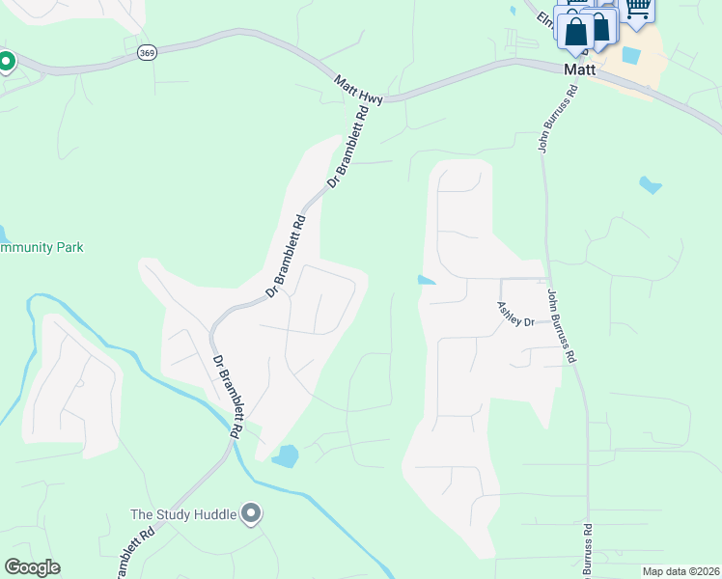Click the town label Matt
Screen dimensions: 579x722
[x=581, y=69]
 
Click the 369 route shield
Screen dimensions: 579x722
[x=147, y=53]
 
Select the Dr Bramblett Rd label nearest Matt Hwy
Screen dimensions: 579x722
[x=348, y=146]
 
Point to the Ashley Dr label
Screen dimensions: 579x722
[x=515, y=314]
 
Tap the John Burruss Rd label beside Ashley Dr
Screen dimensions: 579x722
[x=562, y=325]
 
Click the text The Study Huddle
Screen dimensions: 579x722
[x=183, y=514]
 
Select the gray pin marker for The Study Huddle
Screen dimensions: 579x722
[x=251, y=513]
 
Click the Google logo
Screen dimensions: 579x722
[x=32, y=567]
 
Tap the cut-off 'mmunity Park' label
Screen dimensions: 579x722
[x=42, y=248]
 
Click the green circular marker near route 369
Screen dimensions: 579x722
[x=5, y=63]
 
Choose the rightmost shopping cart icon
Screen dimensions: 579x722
[x=636, y=9]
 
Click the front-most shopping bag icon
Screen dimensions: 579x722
[x=575, y=33]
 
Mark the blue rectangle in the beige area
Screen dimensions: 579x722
[x=630, y=55]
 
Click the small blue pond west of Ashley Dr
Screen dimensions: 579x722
[x=426, y=281]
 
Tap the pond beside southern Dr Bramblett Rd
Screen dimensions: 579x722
[x=286, y=455]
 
